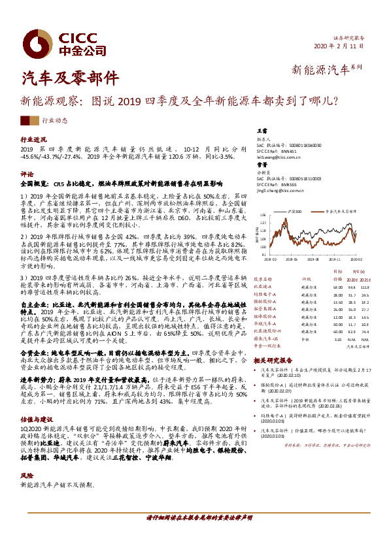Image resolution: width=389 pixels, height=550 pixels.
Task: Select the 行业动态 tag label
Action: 54,120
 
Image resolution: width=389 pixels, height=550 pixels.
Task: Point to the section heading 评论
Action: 27,174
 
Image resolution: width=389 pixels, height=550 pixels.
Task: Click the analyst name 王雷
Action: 262,131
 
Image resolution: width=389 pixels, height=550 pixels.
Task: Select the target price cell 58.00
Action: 338,286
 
